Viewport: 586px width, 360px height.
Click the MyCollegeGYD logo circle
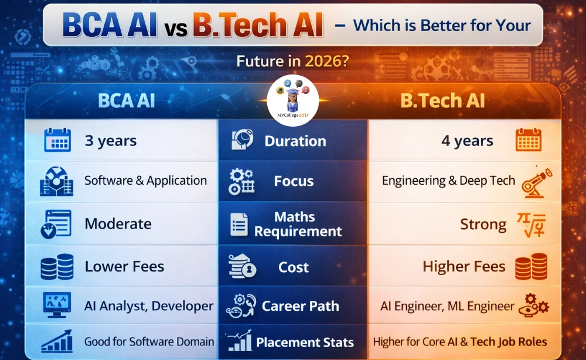[x=292, y=100]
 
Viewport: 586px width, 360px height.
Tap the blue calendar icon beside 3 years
[x=57, y=140]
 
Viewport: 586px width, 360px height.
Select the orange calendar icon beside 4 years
[x=529, y=140]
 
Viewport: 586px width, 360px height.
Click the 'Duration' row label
[x=295, y=141]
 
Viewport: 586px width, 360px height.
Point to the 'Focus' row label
[x=294, y=181]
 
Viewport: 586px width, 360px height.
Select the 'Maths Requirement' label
[x=298, y=224]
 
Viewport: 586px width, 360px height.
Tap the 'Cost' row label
[x=294, y=267]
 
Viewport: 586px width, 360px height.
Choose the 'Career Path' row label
[x=301, y=306]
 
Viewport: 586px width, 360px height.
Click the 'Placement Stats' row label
[x=305, y=342]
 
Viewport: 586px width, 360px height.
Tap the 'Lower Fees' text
[x=124, y=267]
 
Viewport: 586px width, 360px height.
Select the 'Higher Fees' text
[x=464, y=267]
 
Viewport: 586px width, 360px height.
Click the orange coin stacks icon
[x=531, y=267]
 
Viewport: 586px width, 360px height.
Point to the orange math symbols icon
[x=531, y=225]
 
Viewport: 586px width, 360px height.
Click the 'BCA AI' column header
[x=127, y=101]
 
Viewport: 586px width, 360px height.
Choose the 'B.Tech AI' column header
[x=442, y=101]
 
